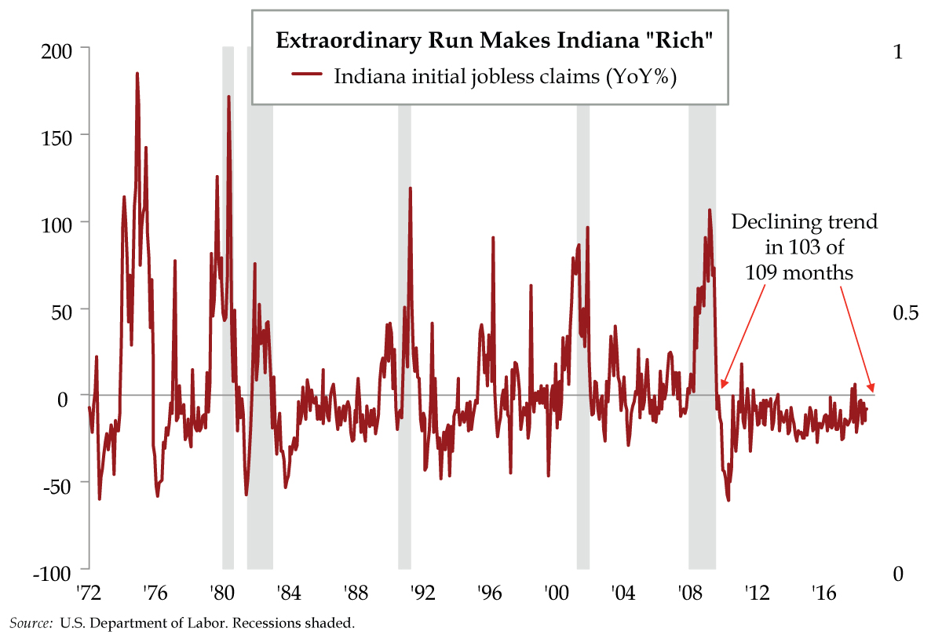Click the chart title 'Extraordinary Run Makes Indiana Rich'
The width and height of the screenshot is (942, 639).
(494, 41)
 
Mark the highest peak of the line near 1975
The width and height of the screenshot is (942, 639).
(137, 73)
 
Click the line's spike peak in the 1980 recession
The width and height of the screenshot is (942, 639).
(228, 97)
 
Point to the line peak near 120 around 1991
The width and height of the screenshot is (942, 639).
(410, 188)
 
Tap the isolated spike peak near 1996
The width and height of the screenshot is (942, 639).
(493, 236)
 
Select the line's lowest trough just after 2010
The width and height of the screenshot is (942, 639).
(728, 500)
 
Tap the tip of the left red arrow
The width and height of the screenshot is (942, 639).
(721, 387)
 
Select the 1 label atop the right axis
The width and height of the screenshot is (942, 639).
(898, 50)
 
